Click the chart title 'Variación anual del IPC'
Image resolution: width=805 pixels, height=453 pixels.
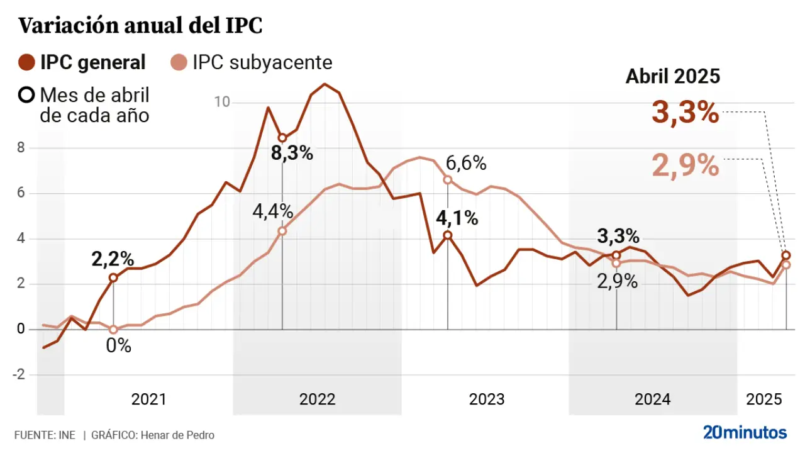tap(140, 26)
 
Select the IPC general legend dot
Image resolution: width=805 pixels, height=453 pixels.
tap(27, 62)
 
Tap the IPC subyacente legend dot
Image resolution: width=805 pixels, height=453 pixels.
tap(179, 62)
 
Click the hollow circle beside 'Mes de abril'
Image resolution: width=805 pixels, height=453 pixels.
tap(27, 96)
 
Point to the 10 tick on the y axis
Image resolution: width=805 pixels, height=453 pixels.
tap(222, 102)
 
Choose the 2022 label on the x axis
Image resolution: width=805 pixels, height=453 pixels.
tap(317, 400)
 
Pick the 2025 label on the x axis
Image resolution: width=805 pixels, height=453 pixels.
tap(763, 400)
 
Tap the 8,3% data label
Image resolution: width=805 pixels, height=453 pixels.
tap(292, 153)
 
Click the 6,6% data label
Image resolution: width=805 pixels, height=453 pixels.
tap(465, 164)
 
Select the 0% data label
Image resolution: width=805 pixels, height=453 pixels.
tap(118, 345)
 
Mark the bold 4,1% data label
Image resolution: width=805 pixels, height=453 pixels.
tap(457, 219)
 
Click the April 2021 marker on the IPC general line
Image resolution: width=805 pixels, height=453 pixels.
tap(113, 277)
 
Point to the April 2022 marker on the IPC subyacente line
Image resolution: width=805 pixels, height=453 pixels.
tap(282, 231)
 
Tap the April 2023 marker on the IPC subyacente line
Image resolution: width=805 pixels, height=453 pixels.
tap(448, 180)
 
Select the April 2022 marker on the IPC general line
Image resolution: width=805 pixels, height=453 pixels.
tap(282, 138)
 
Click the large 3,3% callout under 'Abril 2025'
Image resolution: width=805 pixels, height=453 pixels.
tap(685, 113)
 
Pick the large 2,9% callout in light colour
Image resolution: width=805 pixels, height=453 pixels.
tap(685, 165)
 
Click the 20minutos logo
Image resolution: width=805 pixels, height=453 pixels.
tap(745, 433)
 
